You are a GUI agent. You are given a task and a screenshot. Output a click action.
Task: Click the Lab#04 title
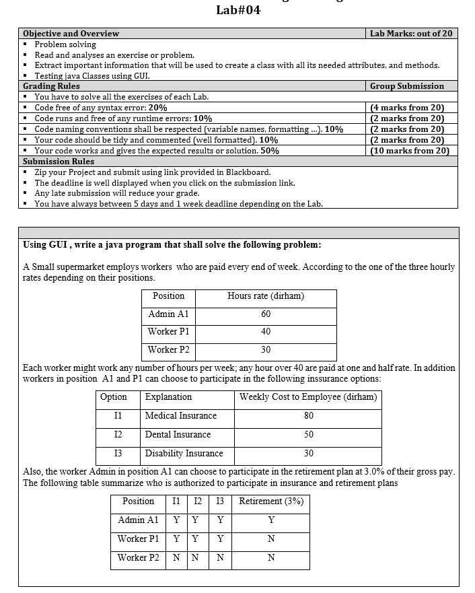[238, 10]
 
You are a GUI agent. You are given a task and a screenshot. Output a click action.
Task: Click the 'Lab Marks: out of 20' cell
[411, 34]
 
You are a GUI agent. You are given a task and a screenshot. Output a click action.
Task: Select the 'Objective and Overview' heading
[71, 34]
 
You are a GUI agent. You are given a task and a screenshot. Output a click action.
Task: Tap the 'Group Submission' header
[407, 86]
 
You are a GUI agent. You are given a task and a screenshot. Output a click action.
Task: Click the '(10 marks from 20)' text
[410, 151]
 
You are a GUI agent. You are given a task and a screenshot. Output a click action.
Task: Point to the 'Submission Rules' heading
[59, 162]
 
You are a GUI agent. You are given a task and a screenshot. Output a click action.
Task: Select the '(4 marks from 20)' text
[407, 108]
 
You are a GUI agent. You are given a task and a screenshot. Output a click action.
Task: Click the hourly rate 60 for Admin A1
[266, 314]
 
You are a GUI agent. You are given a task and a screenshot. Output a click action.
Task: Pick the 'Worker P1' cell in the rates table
[168, 332]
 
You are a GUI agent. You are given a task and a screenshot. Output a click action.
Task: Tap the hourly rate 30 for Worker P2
[266, 350]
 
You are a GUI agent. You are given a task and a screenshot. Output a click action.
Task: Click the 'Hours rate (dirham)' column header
[266, 296]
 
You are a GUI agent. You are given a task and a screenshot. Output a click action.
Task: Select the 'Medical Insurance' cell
[181, 416]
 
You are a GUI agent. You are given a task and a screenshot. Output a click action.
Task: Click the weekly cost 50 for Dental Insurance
[308, 435]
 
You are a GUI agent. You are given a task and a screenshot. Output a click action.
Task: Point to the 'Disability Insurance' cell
[184, 454]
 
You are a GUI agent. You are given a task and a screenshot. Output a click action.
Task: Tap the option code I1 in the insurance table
[118, 416]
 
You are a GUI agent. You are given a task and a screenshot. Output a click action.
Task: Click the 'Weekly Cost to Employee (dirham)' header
[308, 397]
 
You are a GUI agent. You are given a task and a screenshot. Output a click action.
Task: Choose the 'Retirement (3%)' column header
[271, 501]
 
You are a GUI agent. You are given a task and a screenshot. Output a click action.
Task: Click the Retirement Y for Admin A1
[271, 520]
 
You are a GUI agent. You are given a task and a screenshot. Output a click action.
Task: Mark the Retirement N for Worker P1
[271, 539]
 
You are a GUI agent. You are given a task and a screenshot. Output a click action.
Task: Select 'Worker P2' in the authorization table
[139, 558]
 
